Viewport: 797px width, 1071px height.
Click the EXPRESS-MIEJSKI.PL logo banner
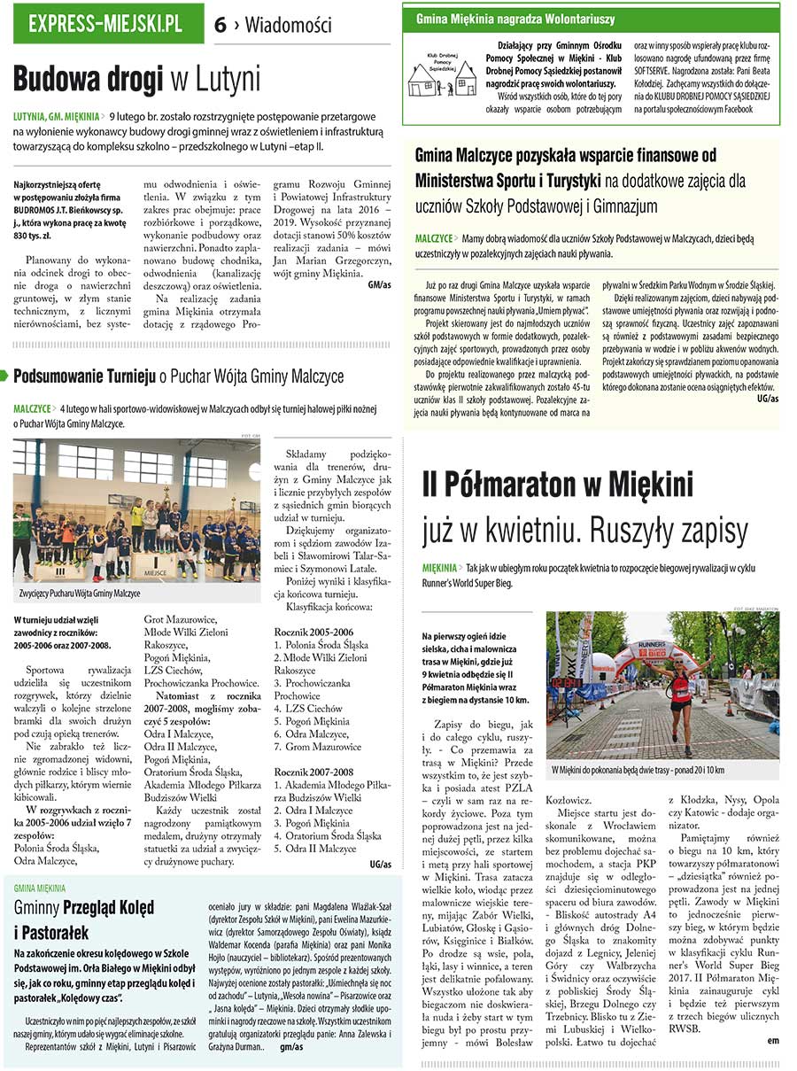(x=106, y=24)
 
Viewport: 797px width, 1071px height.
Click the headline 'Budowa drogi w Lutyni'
(x=137, y=80)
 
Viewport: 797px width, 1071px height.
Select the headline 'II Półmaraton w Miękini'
(x=557, y=485)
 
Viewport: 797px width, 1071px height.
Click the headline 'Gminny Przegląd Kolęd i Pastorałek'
(x=84, y=920)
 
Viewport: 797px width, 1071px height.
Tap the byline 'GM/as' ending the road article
(x=378, y=284)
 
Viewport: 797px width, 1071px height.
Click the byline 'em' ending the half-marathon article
(x=773, y=1040)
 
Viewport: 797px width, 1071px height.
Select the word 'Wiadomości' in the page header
(x=288, y=26)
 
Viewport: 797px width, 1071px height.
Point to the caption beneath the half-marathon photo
(x=638, y=770)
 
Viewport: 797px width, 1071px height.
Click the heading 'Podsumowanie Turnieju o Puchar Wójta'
(x=177, y=376)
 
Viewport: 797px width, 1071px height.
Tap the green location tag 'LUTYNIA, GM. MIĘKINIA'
(x=56, y=116)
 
